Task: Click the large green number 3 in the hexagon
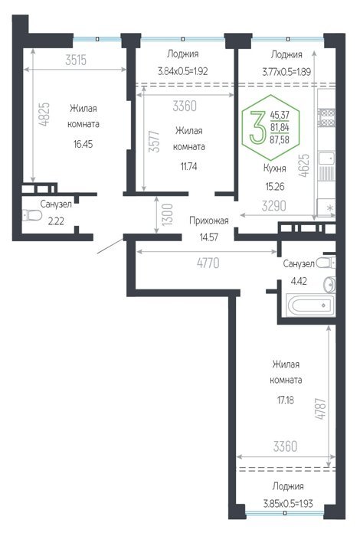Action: (257, 128)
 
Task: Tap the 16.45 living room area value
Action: (83, 144)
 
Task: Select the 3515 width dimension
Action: (76, 60)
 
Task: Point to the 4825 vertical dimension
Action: (44, 115)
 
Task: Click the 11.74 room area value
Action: (188, 166)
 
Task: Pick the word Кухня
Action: (274, 168)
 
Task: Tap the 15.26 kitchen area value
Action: (275, 187)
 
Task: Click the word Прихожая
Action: (209, 221)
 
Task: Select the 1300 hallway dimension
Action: (167, 214)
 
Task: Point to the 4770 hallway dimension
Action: (208, 263)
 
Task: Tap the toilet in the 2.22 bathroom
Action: (32, 215)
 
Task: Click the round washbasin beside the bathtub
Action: (330, 284)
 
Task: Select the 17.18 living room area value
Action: (286, 400)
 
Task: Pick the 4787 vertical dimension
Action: (322, 408)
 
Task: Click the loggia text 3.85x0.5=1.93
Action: (288, 504)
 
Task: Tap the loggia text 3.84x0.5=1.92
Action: (182, 71)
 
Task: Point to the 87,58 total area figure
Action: (280, 139)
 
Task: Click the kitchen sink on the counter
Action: (326, 159)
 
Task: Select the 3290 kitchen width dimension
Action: (274, 206)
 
